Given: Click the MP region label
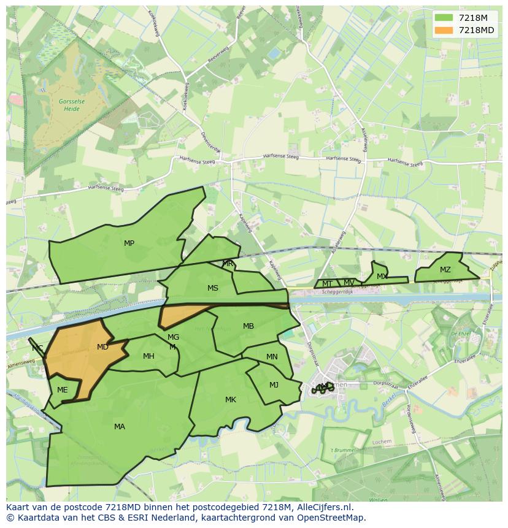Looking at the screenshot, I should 129,243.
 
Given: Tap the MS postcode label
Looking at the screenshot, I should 212,288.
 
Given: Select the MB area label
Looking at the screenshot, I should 248,326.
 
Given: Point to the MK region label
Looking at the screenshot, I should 230,400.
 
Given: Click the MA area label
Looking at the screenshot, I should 119,427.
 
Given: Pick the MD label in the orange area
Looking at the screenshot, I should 102,347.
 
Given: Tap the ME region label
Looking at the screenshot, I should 62,390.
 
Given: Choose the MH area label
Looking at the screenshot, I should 148,356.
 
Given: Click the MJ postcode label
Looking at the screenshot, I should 274,385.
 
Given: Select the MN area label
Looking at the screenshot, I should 272,357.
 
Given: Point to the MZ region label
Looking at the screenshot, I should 445,270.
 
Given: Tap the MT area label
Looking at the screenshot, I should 327,284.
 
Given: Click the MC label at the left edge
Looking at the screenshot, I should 37,348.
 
